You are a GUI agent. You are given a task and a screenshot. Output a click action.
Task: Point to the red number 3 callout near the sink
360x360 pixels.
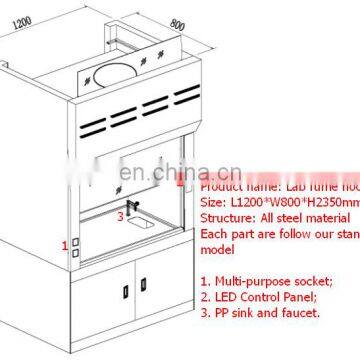click(121, 213)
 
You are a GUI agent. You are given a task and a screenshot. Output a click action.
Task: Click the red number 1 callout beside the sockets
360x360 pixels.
click(66, 244)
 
